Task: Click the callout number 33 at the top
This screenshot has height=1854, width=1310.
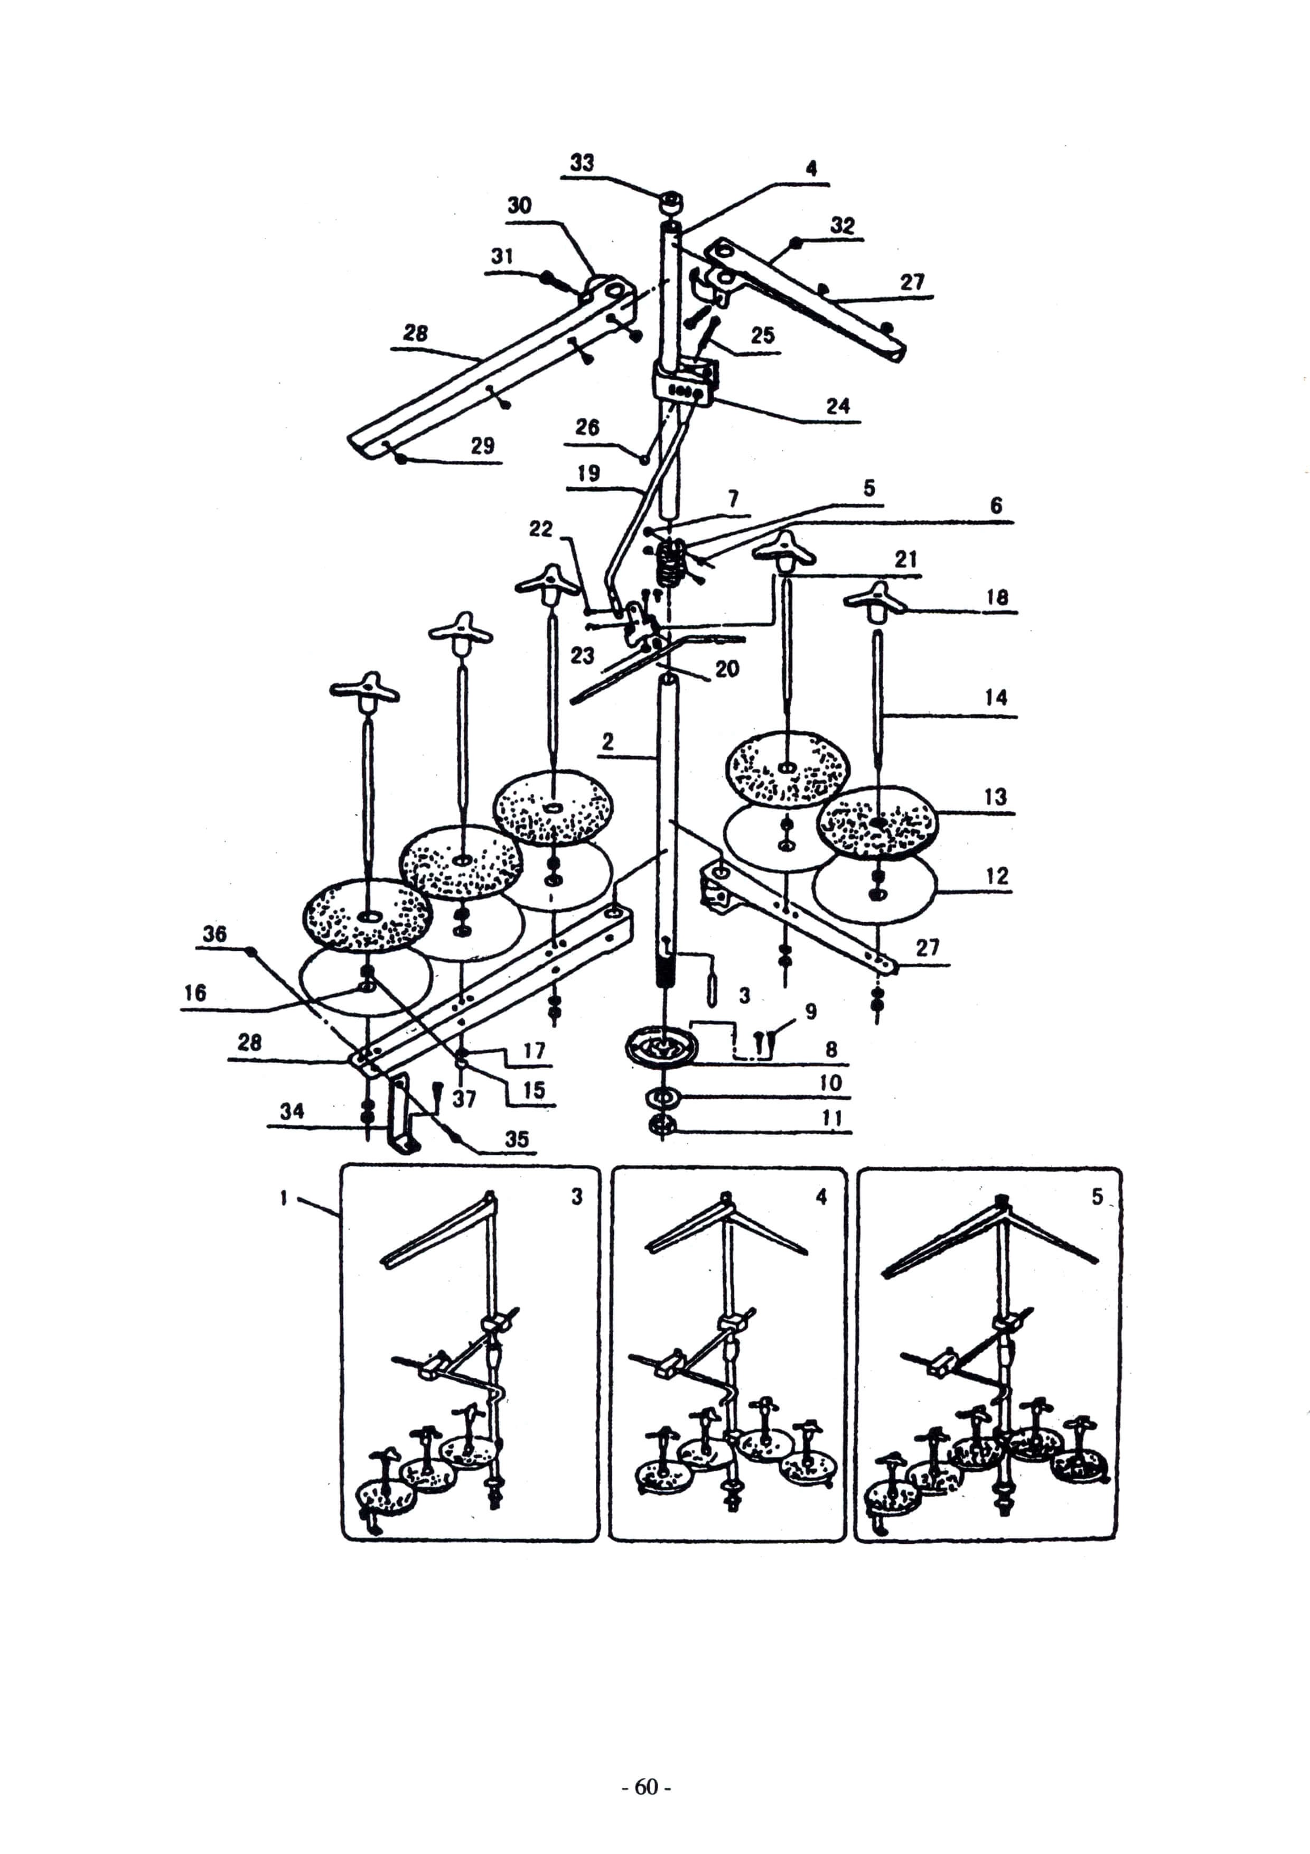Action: pos(582,162)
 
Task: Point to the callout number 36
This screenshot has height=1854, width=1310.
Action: pos(214,934)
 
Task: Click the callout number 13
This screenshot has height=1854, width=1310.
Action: pos(995,797)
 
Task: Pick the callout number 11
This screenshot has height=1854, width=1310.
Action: pos(832,1118)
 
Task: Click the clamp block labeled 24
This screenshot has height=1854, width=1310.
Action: pos(685,386)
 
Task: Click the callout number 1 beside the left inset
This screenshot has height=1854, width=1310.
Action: pos(284,1198)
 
